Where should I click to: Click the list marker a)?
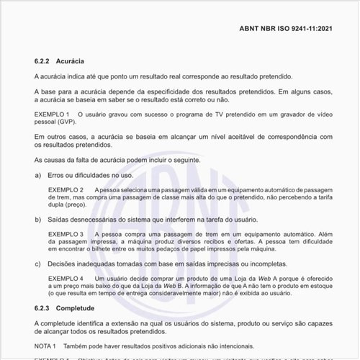38,175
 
